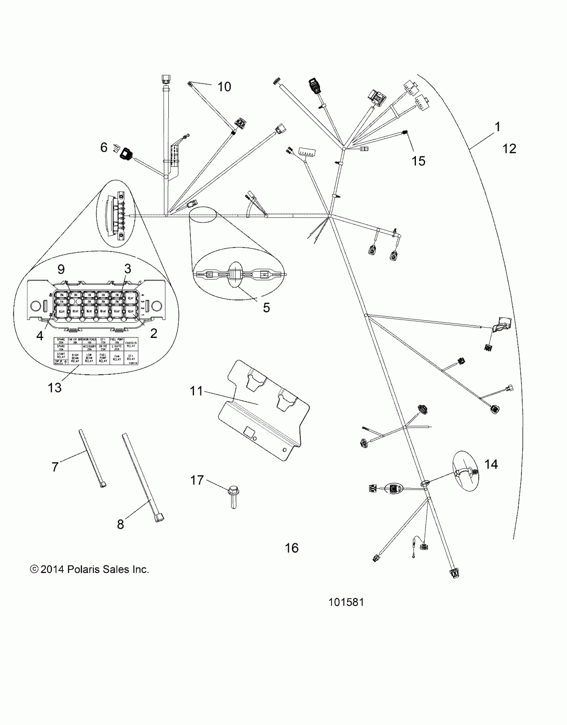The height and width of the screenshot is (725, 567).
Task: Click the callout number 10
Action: pyautogui.click(x=224, y=87)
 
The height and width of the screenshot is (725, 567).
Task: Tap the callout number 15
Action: pyautogui.click(x=419, y=161)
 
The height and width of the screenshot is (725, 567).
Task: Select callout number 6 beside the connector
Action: pyautogui.click(x=104, y=147)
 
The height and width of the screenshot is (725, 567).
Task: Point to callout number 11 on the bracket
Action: pyautogui.click(x=196, y=391)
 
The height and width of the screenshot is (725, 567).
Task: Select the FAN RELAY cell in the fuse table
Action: pyautogui.click(x=117, y=358)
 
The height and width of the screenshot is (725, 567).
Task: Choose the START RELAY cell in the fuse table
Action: pyautogui.click(x=61, y=355)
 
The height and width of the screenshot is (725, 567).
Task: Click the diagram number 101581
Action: pyautogui.click(x=346, y=602)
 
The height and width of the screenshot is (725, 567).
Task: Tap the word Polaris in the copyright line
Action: pyautogui.click(x=84, y=569)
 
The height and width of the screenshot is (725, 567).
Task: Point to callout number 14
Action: pyautogui.click(x=491, y=464)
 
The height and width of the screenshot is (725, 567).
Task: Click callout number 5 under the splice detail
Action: pyautogui.click(x=266, y=308)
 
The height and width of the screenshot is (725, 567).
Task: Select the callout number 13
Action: pyautogui.click(x=54, y=387)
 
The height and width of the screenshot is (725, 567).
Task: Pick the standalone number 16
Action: pyautogui.click(x=292, y=548)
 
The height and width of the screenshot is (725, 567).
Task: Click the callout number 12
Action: pyautogui.click(x=509, y=149)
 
